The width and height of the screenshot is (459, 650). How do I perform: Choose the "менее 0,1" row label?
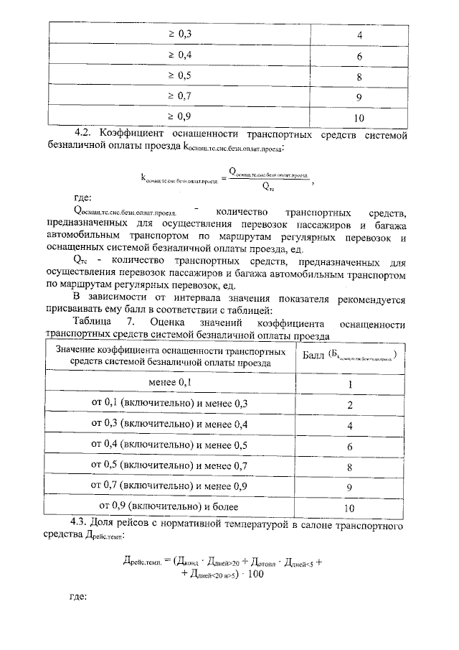pos(169,384)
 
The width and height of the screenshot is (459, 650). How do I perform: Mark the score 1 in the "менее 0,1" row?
pos(350,384)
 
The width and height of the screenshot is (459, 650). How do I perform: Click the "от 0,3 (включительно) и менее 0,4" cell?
pos(169,424)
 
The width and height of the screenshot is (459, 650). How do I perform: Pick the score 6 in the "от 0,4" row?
pos(350,446)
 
